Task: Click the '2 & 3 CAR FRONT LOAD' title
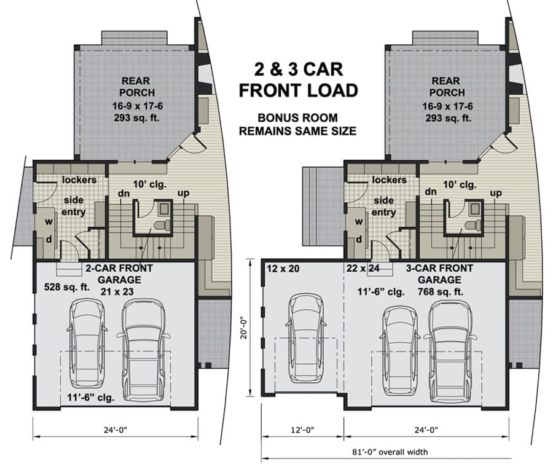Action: tap(299, 80)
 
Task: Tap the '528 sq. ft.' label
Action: tap(67, 287)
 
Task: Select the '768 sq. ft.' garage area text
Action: tap(441, 292)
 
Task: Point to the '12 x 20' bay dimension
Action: tap(283, 269)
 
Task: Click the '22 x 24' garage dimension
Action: tap(363, 269)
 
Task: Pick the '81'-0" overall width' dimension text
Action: tap(390, 452)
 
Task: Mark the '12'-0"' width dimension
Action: tap(302, 430)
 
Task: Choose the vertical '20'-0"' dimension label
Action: tap(243, 329)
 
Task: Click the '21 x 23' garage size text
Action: tap(117, 291)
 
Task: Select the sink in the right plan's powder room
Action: tap(474, 209)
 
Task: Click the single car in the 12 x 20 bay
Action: tap(307, 339)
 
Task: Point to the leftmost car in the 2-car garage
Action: tap(87, 343)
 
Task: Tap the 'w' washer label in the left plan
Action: tap(49, 222)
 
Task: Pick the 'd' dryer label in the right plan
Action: tap(359, 239)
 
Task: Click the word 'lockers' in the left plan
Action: tap(79, 180)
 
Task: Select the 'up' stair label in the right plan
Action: tap(495, 194)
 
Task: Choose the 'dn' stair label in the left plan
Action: tap(124, 193)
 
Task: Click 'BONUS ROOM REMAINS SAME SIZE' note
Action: tap(297, 124)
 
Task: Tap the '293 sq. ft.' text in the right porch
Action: tap(449, 118)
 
